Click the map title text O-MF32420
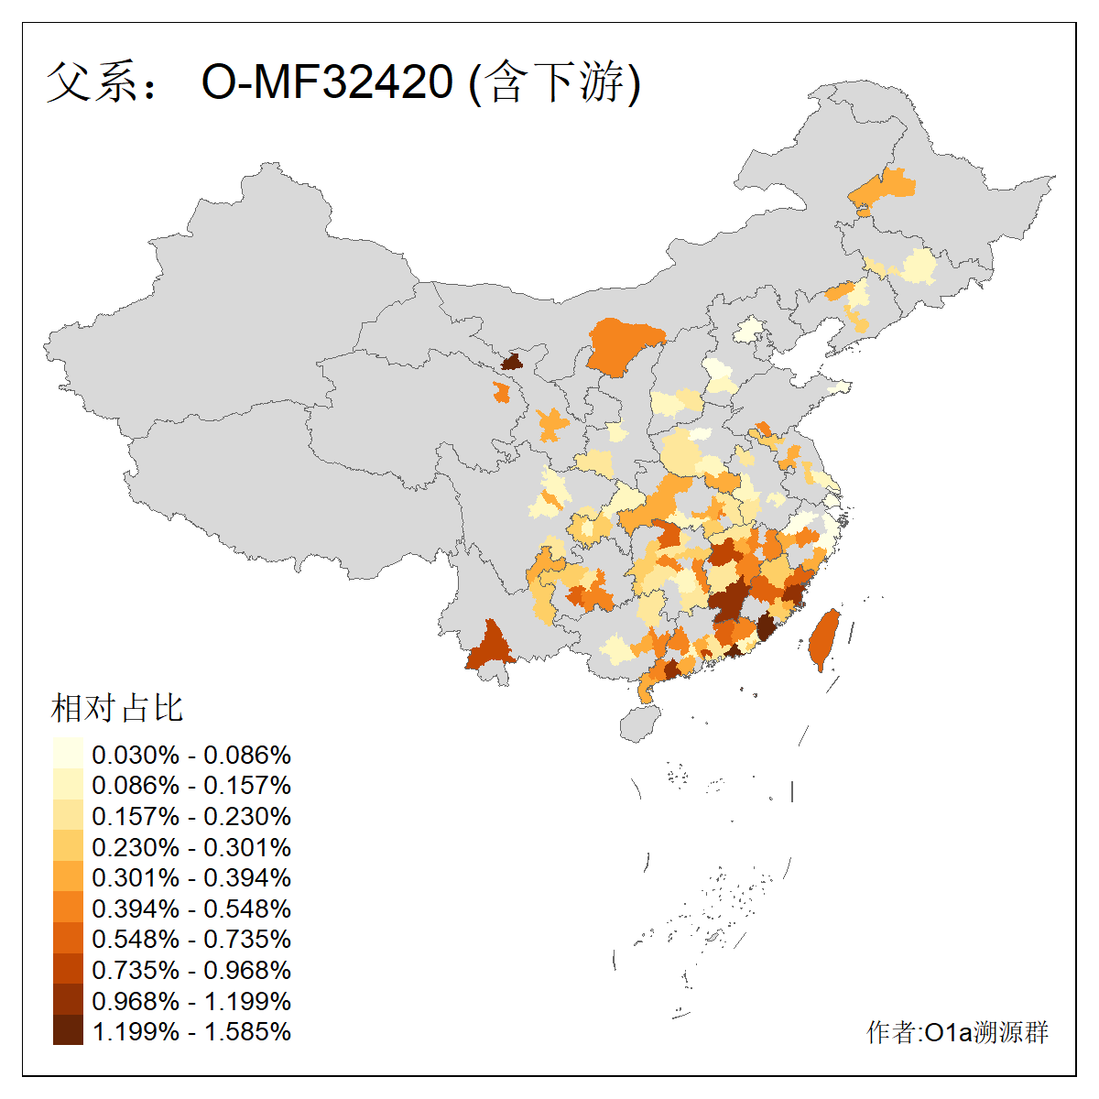327,82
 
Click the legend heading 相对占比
117,708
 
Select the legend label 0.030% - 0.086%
191,755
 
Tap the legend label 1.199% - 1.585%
191,1031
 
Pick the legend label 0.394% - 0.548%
191,909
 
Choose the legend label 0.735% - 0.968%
191,970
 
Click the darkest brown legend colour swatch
68,1031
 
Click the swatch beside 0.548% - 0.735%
68,940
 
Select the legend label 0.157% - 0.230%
191,816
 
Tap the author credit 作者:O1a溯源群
957,1032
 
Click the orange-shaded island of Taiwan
823,639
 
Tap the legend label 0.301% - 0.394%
191,877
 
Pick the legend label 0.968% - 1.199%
191,1001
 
